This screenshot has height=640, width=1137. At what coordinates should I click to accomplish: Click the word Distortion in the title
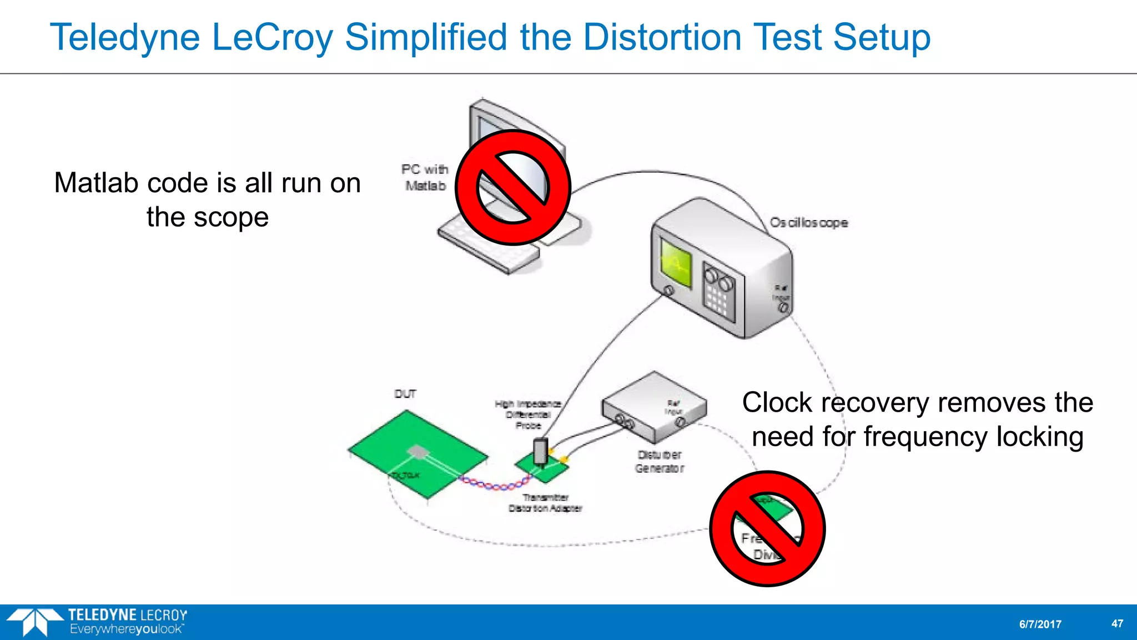pos(662,37)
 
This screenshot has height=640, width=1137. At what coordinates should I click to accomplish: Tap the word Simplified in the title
pos(426,37)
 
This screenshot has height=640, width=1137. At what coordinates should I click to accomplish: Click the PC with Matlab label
pos(425,177)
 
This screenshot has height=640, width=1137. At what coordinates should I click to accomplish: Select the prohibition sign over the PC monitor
pos(512,187)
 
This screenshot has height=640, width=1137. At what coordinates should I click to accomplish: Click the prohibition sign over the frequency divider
pos(767,528)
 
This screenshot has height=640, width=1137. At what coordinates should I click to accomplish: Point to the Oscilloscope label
pos(808,223)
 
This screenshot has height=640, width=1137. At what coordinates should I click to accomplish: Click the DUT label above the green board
pos(405,394)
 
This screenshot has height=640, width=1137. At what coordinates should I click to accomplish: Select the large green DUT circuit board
pos(417,453)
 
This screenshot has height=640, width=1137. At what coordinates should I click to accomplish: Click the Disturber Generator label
pos(660,462)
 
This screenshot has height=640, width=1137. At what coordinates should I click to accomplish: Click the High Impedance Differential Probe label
pos(528,414)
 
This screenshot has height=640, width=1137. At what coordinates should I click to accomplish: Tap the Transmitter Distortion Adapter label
pos(545,503)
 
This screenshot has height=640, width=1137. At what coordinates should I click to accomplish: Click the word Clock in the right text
pos(777,402)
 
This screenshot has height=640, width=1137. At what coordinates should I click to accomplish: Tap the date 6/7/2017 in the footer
pos(1040,624)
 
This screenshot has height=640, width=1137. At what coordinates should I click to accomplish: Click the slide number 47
pos(1117,623)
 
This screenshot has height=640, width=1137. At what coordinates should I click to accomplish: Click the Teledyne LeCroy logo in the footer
pos(97,622)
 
